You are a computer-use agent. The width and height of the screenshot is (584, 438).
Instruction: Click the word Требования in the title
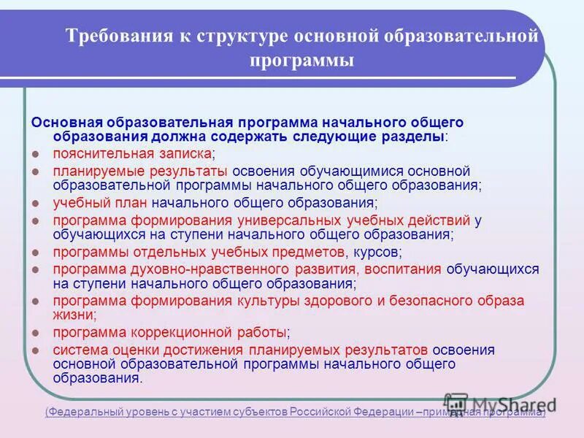(x=114, y=35)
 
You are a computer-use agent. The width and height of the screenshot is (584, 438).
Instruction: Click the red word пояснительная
(x=99, y=153)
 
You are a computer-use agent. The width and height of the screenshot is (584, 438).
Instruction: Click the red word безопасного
(x=423, y=301)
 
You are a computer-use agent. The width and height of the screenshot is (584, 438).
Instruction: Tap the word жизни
(x=74, y=315)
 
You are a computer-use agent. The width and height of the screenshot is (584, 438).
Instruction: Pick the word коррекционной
(x=188, y=332)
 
